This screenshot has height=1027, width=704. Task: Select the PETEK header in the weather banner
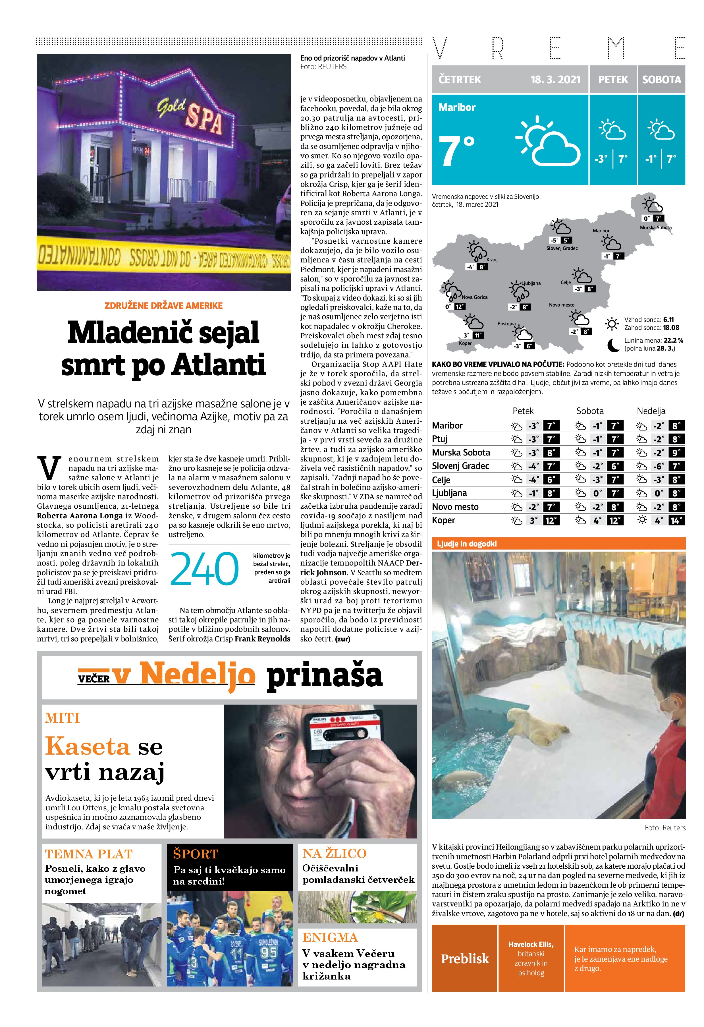point(613,80)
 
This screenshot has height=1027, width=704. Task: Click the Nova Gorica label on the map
point(474,297)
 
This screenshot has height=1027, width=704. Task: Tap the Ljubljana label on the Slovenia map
point(531,283)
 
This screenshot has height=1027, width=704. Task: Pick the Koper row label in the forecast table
point(443,520)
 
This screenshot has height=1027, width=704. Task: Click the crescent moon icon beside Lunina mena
point(613,345)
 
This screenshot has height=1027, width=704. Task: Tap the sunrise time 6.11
point(668,320)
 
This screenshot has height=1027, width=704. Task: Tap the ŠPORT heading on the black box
point(195,853)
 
